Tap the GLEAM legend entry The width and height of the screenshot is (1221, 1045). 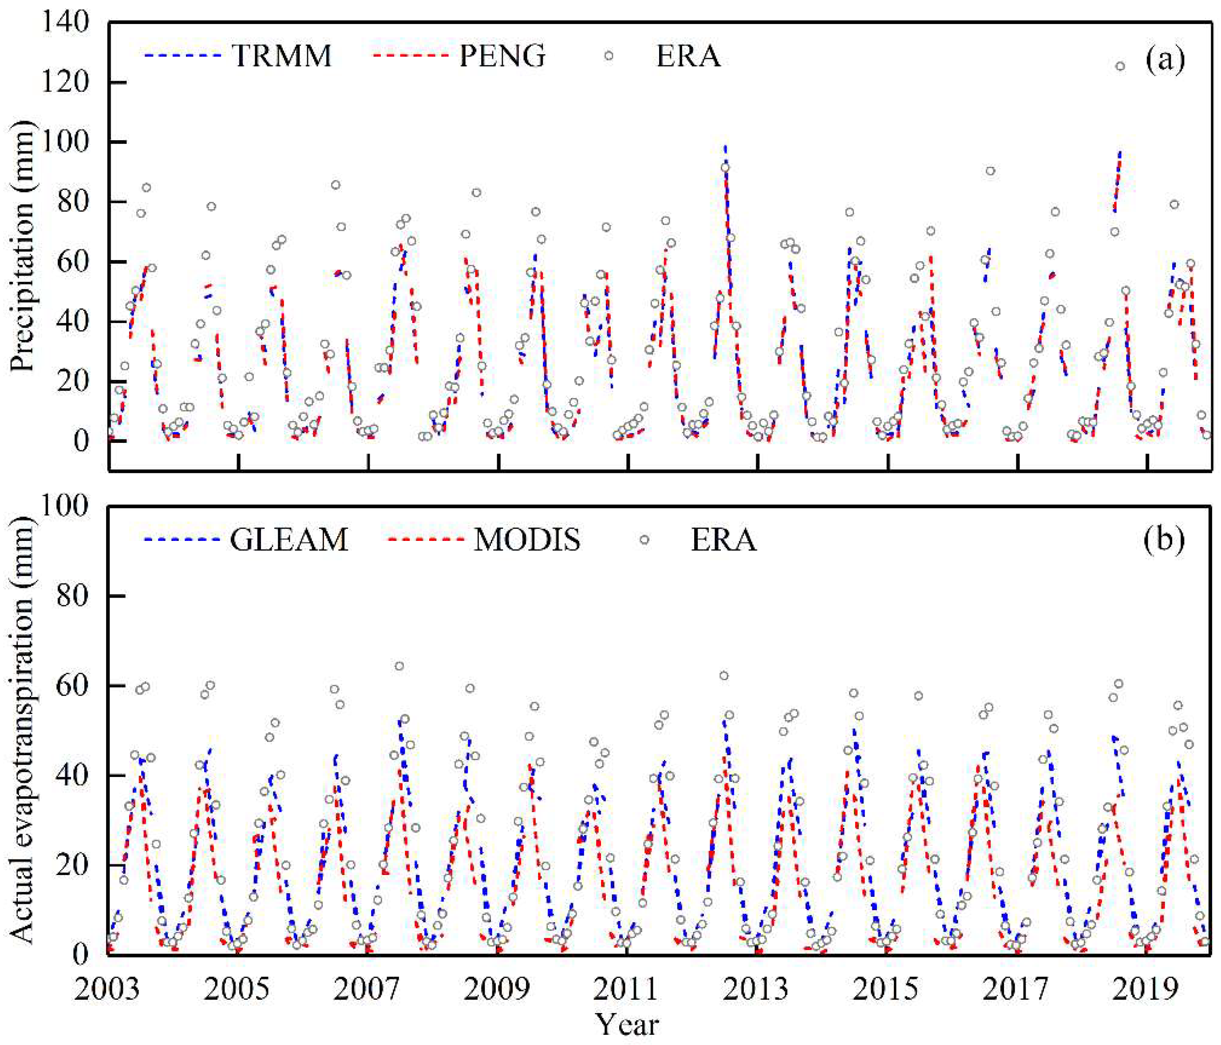tap(289, 540)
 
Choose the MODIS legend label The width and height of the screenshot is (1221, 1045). tap(527, 540)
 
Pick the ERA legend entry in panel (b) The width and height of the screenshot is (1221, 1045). tap(723, 540)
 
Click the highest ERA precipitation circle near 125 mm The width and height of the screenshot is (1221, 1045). tap(1120, 67)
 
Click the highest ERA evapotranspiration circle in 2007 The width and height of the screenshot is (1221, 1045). tap(399, 666)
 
